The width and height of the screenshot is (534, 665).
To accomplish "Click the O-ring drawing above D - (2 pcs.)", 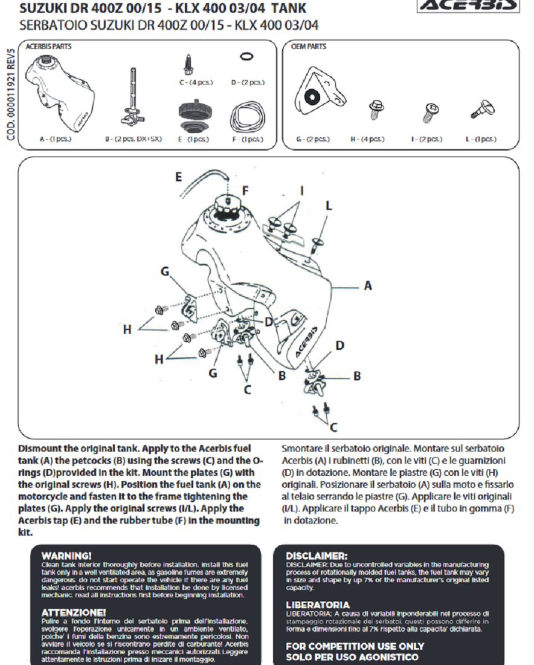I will (x=246, y=56).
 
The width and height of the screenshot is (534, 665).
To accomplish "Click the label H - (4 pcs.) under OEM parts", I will (x=367, y=139).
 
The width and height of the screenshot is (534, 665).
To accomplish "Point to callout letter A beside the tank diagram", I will (x=367, y=285).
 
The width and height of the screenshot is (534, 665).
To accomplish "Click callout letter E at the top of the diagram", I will (x=178, y=177).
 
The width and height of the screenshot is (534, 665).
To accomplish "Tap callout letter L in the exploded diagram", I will (x=329, y=206).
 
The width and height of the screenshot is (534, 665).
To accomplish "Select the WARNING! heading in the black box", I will (x=67, y=554).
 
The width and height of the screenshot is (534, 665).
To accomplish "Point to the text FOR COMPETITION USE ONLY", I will (x=347, y=646).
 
